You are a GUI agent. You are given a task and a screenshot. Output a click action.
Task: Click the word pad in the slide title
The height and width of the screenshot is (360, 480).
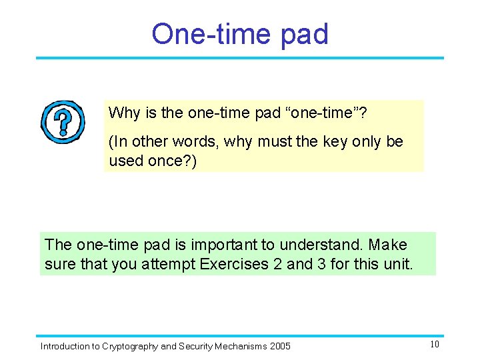pos(304,35)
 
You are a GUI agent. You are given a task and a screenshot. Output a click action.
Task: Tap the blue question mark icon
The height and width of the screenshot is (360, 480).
pos(63,123)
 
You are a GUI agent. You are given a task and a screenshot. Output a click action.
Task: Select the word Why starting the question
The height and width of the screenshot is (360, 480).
pos(123,113)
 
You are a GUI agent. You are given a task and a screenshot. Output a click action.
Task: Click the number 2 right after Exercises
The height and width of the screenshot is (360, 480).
pos(277,264)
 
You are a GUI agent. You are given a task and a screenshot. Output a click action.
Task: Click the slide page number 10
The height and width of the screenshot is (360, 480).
pos(434,345)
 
